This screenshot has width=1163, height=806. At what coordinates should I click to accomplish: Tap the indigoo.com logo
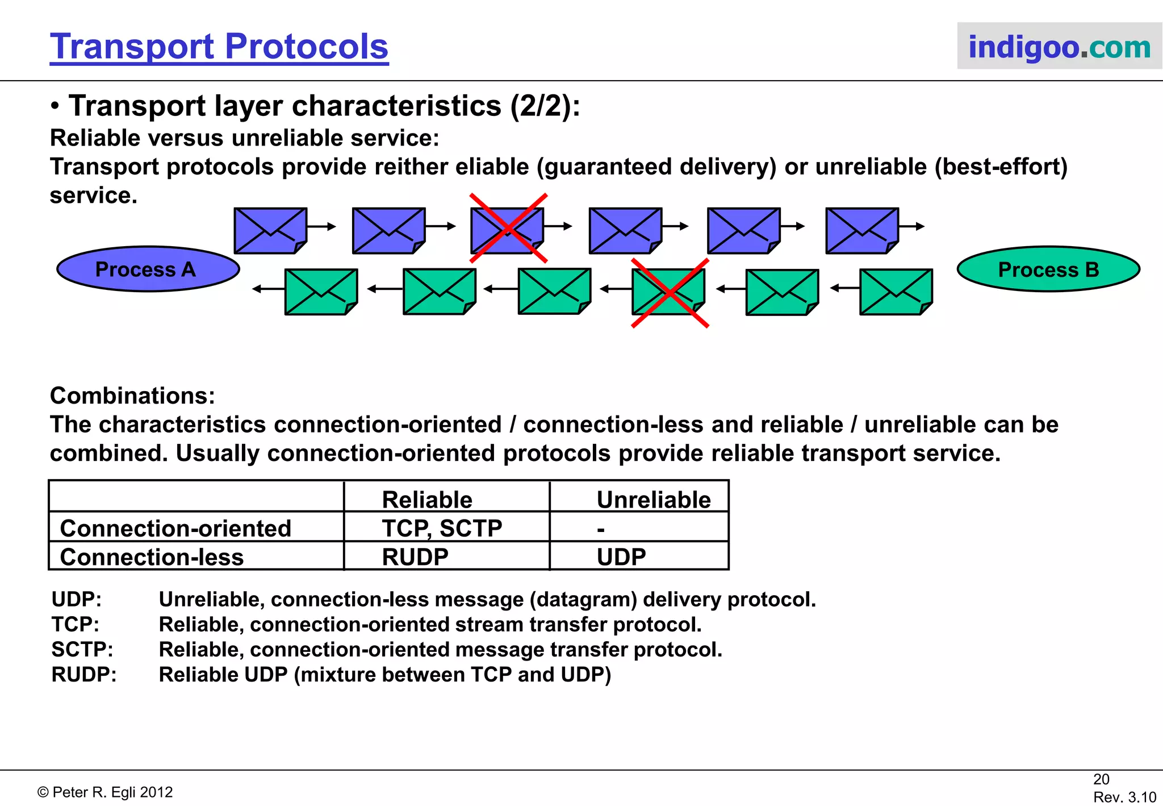(x=1059, y=47)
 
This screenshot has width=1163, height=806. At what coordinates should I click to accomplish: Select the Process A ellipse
(x=148, y=269)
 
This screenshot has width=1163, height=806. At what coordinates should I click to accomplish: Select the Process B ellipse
(x=1048, y=269)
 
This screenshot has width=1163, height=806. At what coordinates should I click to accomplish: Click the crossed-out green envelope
(x=668, y=292)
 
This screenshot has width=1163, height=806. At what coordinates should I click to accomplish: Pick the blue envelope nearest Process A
(x=270, y=230)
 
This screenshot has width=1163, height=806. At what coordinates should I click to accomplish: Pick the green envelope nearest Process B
(x=896, y=292)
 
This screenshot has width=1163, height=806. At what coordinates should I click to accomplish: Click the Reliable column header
(x=427, y=500)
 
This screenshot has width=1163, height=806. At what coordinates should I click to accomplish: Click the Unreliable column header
(x=653, y=500)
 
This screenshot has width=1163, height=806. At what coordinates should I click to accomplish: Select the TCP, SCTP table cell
(x=442, y=528)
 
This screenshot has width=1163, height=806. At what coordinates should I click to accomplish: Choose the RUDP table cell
(x=415, y=556)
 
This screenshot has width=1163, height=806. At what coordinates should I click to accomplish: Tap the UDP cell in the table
(x=621, y=556)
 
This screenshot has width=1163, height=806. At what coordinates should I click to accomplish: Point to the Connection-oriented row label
(x=175, y=528)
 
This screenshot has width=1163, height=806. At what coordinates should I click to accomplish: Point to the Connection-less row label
(x=152, y=556)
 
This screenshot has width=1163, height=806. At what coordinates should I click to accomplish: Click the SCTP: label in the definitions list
(x=82, y=649)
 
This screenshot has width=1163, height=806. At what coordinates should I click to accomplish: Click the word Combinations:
(x=132, y=396)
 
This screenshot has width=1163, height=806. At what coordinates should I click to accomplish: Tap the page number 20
(x=1101, y=779)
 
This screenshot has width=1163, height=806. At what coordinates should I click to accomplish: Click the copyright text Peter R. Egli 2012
(x=105, y=792)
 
